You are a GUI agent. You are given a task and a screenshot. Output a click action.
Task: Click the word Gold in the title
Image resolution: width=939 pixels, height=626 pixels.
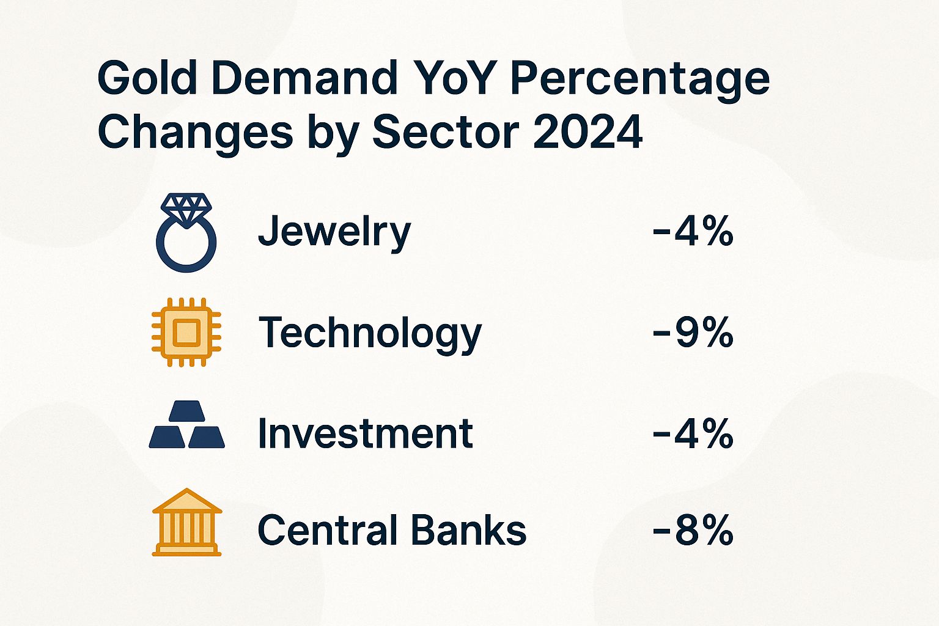coord(147,78)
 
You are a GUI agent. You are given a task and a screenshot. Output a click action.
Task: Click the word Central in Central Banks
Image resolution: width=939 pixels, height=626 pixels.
coord(326,529)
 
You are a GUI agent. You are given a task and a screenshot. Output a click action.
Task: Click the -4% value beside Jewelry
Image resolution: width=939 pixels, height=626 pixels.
coord(693,232)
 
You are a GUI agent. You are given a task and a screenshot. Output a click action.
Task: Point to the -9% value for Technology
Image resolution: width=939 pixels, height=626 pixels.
coord(693,333)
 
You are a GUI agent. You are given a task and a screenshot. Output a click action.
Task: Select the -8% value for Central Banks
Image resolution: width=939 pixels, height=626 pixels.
coord(693,529)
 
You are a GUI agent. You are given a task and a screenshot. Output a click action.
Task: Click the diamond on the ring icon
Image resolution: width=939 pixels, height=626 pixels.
coord(186,207)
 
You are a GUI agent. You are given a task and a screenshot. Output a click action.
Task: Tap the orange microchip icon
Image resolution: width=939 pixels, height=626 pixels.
coord(186,332)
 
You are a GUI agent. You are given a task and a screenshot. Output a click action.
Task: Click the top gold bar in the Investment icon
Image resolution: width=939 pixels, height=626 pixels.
coord(186,411)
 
